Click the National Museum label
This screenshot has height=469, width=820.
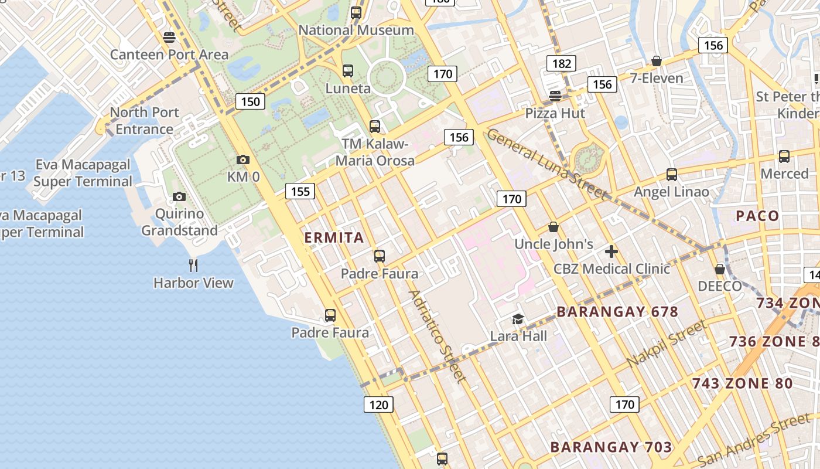click(356, 30)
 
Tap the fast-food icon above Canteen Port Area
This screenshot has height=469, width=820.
click(169, 38)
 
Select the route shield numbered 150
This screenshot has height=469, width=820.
click(251, 101)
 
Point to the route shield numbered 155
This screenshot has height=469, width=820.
click(300, 191)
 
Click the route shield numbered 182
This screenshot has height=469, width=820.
click(561, 63)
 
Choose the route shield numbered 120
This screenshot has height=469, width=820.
click(378, 404)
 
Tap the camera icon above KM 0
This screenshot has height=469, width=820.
click(243, 159)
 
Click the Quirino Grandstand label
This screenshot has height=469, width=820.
click(179, 222)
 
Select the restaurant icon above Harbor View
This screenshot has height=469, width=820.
click(193, 266)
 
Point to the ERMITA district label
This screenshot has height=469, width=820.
click(334, 237)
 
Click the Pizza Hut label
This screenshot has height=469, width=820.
click(555, 113)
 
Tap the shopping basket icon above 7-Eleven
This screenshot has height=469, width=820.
click(657, 62)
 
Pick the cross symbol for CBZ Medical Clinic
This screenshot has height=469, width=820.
click(611, 252)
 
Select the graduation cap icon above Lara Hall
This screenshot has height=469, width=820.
click(518, 320)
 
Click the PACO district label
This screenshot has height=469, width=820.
click(757, 216)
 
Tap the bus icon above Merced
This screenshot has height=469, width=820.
click(784, 157)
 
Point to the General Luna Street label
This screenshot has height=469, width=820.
click(547, 164)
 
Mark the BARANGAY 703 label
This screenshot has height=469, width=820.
click(611, 447)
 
